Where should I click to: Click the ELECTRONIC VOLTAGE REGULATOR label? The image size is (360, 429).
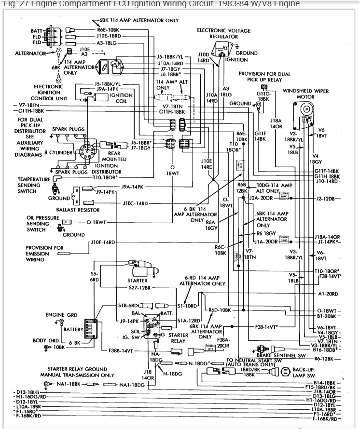pyautogui.click(x=223, y=33)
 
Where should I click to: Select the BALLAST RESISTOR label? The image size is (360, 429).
pyautogui.click(x=78, y=210)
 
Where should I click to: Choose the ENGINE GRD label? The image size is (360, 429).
pyautogui.click(x=62, y=315)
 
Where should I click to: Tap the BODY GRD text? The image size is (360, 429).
pyautogui.click(x=46, y=340)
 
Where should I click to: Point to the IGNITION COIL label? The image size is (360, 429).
pyautogui.click(x=122, y=98)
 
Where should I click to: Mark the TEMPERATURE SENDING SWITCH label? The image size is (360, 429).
pyautogui.click(x=34, y=185)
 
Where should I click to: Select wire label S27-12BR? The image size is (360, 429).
pyautogui.click(x=139, y=287)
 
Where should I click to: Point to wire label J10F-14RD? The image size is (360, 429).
pyautogui.click(x=102, y=242)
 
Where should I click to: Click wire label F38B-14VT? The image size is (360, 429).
pyautogui.click(x=120, y=350)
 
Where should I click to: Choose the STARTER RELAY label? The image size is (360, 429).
pyautogui.click(x=178, y=338)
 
